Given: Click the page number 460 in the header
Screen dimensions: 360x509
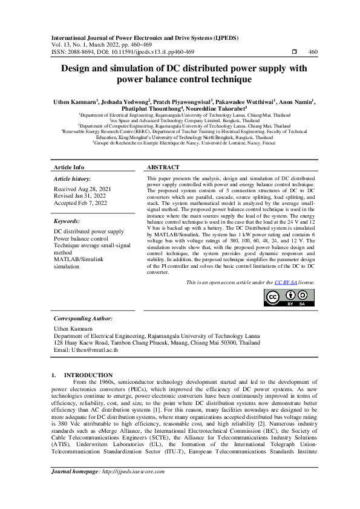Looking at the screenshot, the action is [x=313, y=52].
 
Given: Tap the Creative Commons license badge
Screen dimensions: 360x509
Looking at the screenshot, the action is [x=289, y=298].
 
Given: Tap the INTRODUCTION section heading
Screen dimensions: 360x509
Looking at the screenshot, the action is [x=88, y=375].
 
